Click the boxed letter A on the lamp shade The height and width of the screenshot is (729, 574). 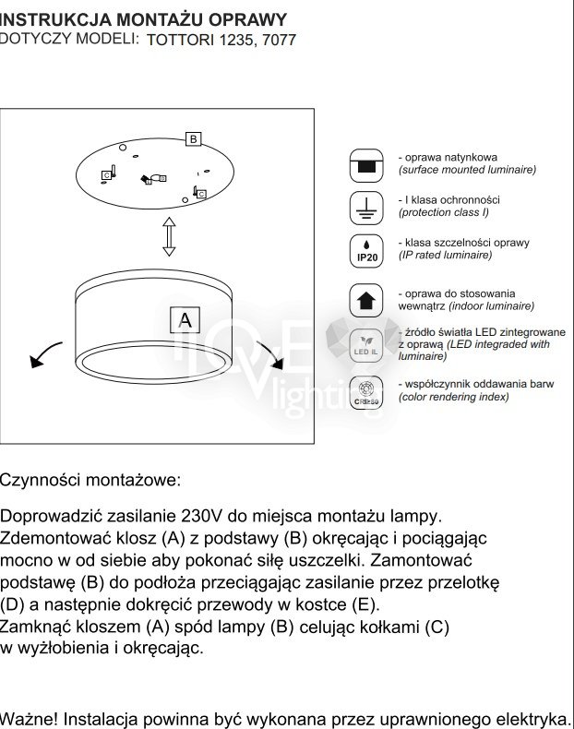point(185,320)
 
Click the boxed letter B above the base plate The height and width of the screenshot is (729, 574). point(193,139)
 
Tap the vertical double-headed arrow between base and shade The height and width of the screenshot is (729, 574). point(169,237)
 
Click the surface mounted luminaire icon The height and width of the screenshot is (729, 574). point(366,167)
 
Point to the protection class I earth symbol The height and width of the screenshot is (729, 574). point(366,209)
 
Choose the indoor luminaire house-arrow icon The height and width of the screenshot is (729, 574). point(366,300)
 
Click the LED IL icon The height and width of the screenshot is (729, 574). point(366,344)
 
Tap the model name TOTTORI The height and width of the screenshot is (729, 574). point(181,41)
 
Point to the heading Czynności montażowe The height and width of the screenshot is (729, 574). point(90,481)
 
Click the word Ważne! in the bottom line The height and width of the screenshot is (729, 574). point(29,718)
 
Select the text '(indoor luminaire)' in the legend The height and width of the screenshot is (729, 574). point(466,305)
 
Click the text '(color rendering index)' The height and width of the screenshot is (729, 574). point(453,397)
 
